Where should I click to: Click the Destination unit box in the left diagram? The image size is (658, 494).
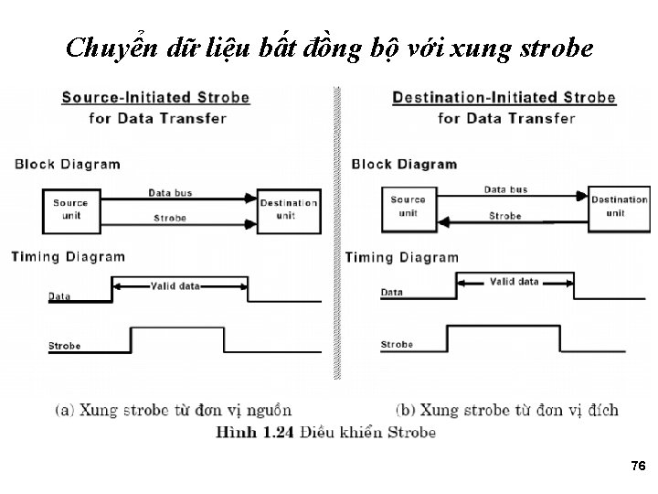coord(289,209)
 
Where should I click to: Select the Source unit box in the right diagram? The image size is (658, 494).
coord(408,206)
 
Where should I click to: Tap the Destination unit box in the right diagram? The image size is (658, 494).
coord(620,206)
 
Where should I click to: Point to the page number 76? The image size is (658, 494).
coord(638,467)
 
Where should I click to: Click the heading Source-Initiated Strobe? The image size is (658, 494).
coord(154,97)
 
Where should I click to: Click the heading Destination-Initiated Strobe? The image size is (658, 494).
coord(504,97)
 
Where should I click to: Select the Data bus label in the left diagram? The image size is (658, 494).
coord(170,192)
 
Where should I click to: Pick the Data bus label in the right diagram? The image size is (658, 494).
coord(505,189)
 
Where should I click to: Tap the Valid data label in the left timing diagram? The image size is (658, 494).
coord(175,286)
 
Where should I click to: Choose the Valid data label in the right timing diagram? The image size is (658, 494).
coord(514,282)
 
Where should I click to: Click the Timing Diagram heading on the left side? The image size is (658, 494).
coord(68,257)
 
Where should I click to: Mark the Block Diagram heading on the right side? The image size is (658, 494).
coord(404,165)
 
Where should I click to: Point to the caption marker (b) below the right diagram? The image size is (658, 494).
coord(408,409)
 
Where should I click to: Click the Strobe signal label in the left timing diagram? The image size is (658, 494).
coord(64,346)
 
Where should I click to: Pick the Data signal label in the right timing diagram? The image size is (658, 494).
coord(391,293)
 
